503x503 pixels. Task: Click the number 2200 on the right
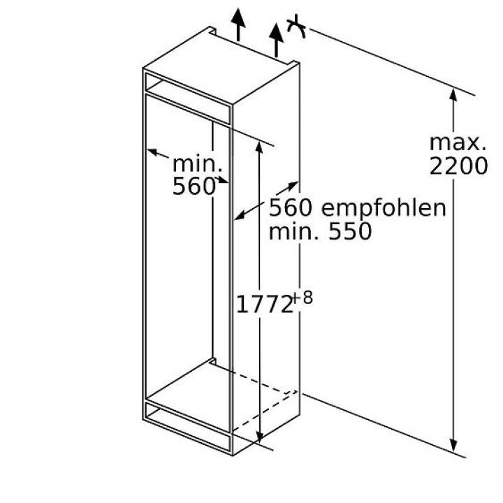(x=458, y=166)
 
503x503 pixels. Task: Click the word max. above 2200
(x=458, y=143)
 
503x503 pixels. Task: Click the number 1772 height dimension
(x=263, y=305)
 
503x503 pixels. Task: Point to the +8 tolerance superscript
(x=302, y=297)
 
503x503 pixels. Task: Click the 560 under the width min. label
(x=193, y=187)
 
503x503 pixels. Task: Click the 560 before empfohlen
(x=291, y=207)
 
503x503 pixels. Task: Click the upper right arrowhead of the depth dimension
(x=286, y=187)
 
